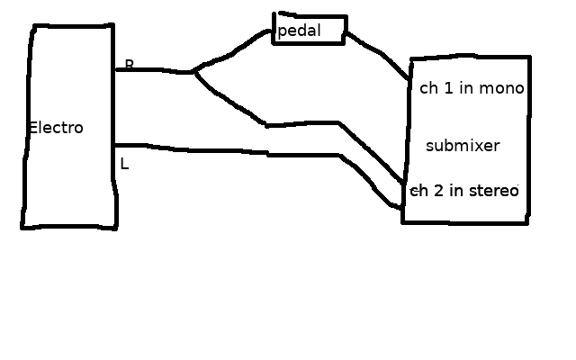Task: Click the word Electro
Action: coord(56,128)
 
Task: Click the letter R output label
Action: coord(129,65)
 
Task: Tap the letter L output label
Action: coord(124,165)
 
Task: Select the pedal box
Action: coord(310,30)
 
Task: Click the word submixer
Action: coord(463,146)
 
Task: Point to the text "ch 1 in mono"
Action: coord(472,89)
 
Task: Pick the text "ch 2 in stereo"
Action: coord(465,191)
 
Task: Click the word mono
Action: coord(501,89)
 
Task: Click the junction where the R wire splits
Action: coord(193,71)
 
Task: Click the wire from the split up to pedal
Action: coord(234,49)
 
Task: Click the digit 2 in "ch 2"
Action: coord(439,191)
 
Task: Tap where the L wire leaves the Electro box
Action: coord(116,145)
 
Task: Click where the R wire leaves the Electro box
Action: coord(116,69)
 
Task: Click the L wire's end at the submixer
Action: coord(402,208)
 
